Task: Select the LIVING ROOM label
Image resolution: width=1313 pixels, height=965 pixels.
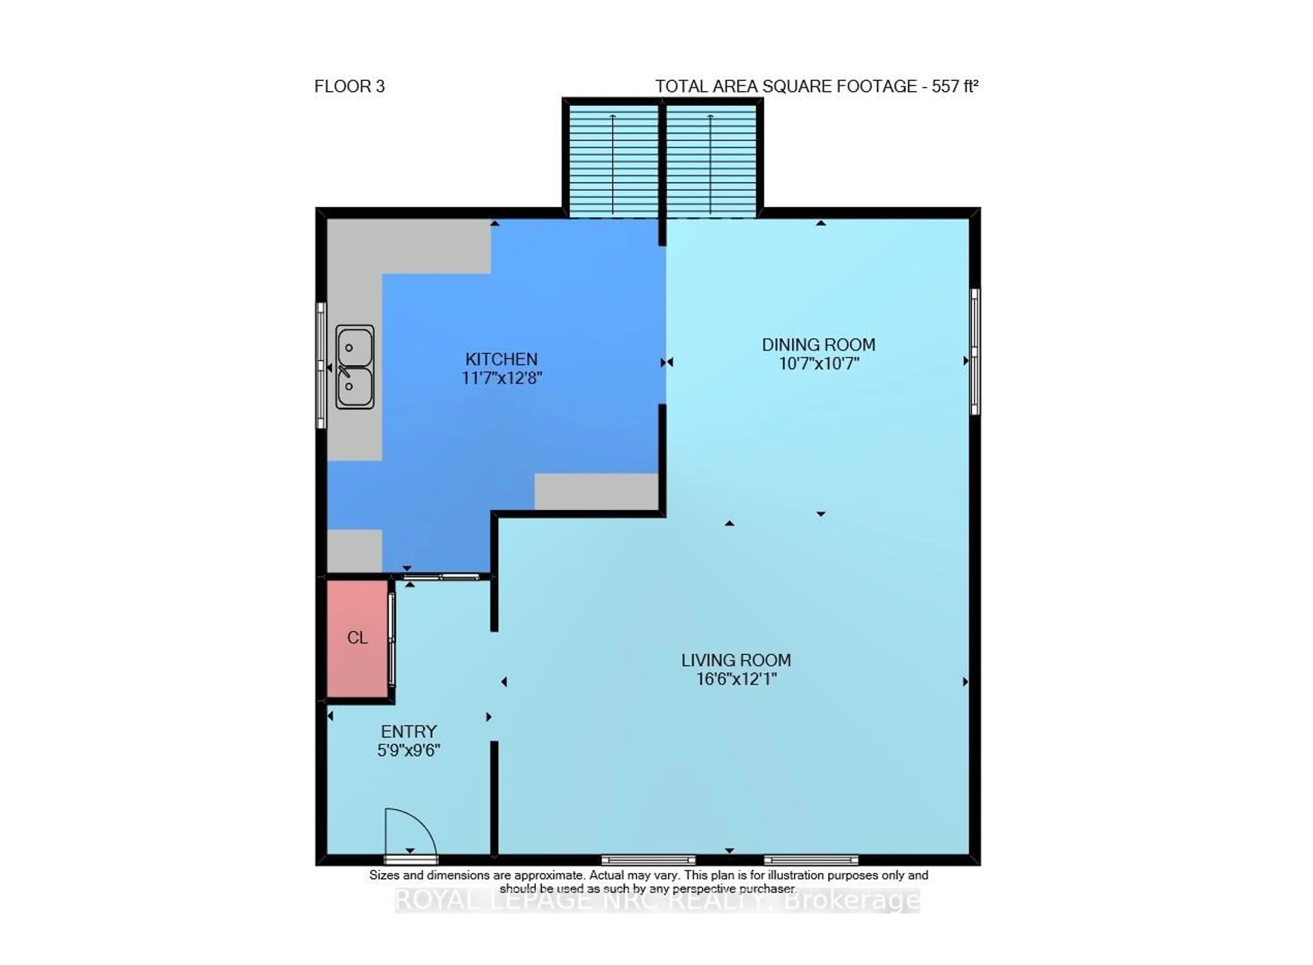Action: pos(735,660)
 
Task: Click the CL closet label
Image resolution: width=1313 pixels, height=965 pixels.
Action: pos(357,637)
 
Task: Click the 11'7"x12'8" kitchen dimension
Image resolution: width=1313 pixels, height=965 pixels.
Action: pos(502,378)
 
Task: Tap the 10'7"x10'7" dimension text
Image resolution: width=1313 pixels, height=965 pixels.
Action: pos(819,363)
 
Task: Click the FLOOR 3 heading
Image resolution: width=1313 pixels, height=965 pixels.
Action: pos(349,87)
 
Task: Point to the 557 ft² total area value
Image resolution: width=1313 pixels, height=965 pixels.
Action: pos(954,87)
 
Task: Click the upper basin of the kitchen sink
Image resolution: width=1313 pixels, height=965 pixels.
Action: pos(354,347)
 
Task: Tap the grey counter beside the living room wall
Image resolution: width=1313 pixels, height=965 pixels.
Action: pos(596,491)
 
